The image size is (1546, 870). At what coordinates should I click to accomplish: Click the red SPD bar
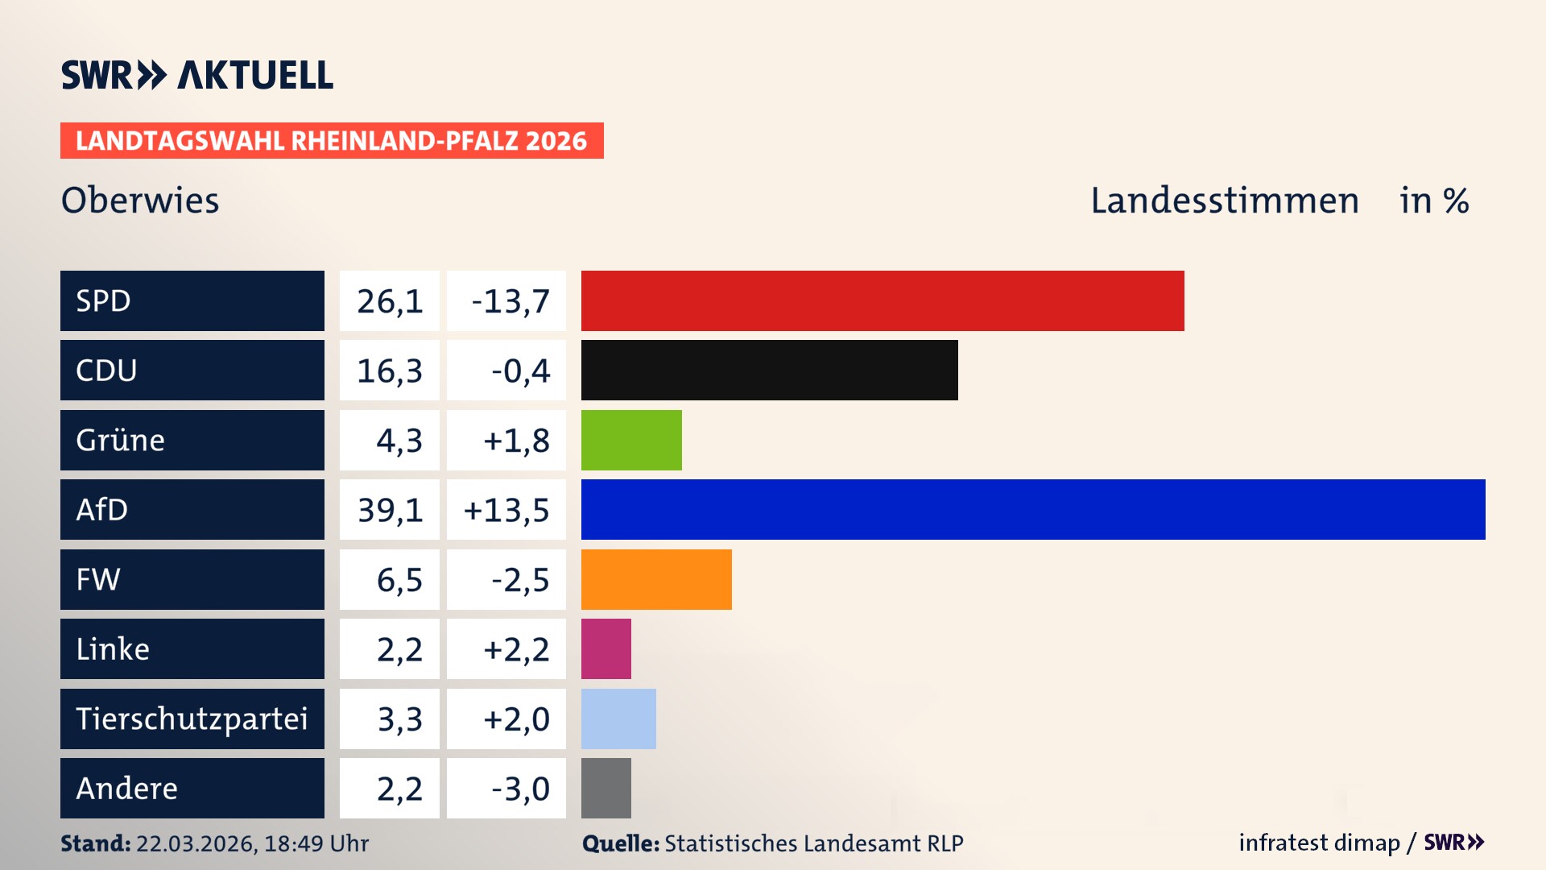[883, 300]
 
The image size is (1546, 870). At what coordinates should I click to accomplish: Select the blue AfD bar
[1033, 509]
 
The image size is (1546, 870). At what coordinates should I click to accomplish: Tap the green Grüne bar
[631, 440]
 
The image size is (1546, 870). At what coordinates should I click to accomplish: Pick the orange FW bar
[656, 579]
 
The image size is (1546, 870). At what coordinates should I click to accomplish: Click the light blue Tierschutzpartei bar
[618, 719]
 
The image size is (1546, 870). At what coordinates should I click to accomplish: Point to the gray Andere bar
[606, 788]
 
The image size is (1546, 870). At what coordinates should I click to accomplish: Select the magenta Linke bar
[606, 648]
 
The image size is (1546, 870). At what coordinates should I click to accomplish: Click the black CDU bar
[769, 370]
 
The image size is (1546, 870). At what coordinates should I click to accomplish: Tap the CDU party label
[106, 371]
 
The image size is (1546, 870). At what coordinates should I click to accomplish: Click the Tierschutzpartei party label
[192, 719]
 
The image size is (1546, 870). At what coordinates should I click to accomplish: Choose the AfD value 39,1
[390, 510]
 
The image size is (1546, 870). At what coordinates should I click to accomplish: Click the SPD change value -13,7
[510, 301]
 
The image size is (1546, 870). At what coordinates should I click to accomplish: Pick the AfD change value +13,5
[506, 510]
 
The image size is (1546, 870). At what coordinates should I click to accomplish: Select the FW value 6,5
[399, 580]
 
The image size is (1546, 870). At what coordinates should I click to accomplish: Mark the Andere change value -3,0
[520, 789]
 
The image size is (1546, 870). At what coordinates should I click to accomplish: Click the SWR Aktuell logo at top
[197, 75]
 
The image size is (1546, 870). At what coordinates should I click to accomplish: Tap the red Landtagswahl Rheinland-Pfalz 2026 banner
[332, 141]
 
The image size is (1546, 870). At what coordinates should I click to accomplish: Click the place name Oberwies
[140, 201]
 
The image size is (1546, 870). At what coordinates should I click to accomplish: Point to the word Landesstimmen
[1224, 201]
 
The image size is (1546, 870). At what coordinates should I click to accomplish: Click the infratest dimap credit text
[1318, 843]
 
